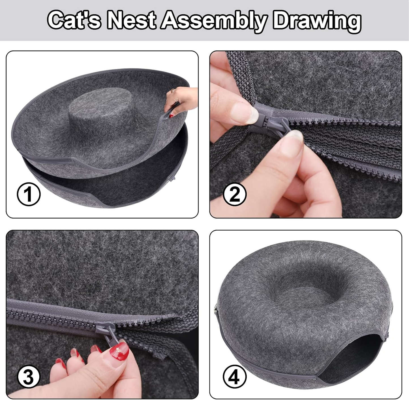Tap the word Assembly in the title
[x=214, y=20]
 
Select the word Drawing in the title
[x=317, y=20]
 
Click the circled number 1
[x=29, y=195]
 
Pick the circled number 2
[x=235, y=195]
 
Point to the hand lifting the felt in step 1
[x=180, y=99]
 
